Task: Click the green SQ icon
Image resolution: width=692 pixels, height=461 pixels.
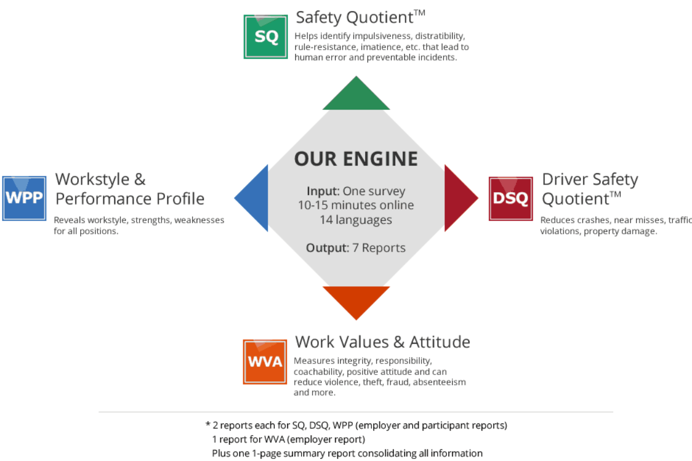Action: pos(266,37)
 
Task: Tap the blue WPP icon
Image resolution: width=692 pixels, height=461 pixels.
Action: pos(24,198)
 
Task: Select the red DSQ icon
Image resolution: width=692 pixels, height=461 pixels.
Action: pos(510,198)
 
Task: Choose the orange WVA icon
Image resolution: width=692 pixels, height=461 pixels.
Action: pos(265,361)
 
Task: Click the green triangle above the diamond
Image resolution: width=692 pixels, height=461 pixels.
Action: pos(356,95)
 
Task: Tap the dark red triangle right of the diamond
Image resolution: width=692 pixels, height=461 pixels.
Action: pos(459,198)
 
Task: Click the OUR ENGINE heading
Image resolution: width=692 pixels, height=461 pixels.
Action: pos(356,159)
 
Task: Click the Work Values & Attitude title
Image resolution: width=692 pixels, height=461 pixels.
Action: pos(382,342)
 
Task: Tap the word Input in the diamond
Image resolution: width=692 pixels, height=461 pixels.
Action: pos(323,192)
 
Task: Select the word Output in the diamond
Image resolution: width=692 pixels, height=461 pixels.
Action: pos(327,248)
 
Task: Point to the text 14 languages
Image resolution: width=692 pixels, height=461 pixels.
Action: pos(356,220)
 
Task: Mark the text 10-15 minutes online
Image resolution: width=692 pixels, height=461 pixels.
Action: pos(356,205)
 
